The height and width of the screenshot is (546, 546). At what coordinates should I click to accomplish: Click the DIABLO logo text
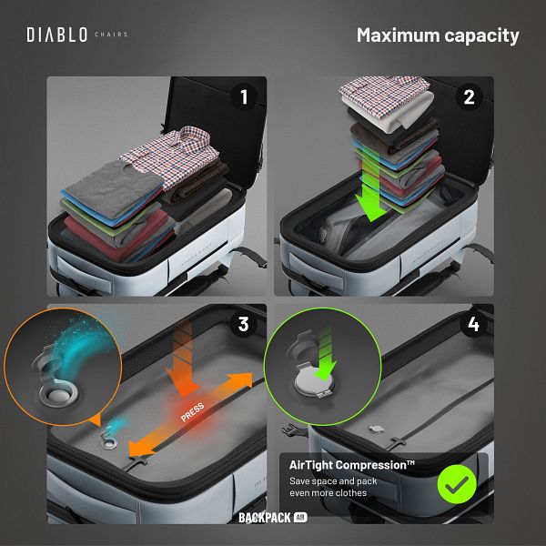coord(57,35)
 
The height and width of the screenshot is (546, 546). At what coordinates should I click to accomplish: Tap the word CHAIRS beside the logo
coord(111,35)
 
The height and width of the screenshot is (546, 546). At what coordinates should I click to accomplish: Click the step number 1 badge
coord(244,96)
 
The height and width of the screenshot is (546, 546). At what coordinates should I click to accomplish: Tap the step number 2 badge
coord(469,97)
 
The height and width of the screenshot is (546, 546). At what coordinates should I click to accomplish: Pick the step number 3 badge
coord(243,324)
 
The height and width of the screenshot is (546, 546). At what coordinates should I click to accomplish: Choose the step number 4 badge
coord(473,324)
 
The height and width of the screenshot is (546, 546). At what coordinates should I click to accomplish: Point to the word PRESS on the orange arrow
coord(192,412)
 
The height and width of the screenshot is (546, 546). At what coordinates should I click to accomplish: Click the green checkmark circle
coord(457,484)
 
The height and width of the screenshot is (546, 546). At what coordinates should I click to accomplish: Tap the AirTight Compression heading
coord(351,465)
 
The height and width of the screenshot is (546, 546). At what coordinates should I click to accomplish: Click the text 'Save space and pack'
coord(333,481)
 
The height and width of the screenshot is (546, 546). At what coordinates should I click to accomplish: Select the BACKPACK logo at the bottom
coord(273,518)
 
